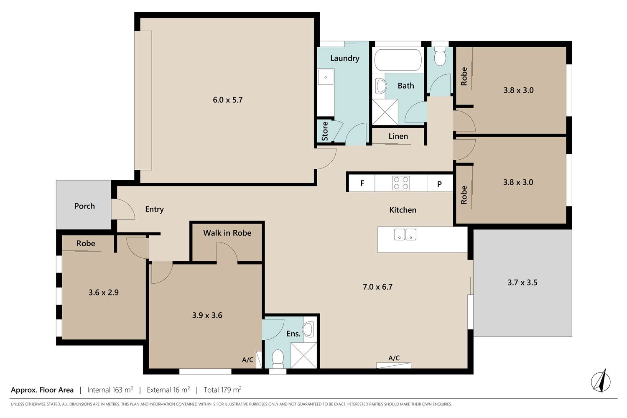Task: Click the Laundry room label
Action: pos(344,58)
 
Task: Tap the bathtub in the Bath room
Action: pos(398,60)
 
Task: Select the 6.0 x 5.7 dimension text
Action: pos(227,100)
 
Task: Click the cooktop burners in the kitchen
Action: pos(401,183)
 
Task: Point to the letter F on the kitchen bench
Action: pos(362,183)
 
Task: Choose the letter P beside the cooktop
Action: pos(439,184)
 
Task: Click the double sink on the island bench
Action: pos(405,234)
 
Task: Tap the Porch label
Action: pos(84,206)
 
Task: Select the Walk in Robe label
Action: pos(227,233)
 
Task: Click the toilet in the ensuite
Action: pos(278,359)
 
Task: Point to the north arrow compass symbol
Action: pos(601,381)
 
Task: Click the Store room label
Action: pos(325,131)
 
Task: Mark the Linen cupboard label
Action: pos(398,136)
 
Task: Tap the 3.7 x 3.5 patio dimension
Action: pos(522,283)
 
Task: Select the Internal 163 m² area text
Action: pos(110,390)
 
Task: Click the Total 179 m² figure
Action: pos(222,390)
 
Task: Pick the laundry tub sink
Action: pos(326,77)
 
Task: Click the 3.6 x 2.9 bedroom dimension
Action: pos(104,293)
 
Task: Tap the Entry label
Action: pos(154,209)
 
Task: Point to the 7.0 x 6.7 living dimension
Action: pos(377,287)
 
